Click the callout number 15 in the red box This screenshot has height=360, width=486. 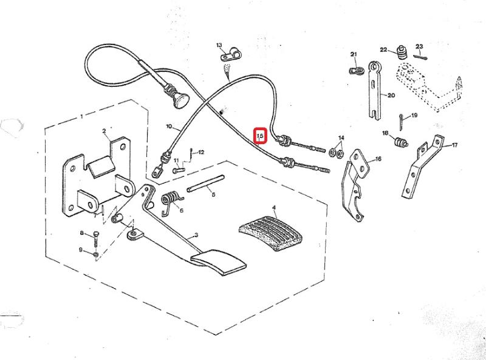pos(260,136)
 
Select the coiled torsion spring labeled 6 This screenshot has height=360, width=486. pos(171,202)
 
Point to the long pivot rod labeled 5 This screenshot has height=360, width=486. pos(205,184)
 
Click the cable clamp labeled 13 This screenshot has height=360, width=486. pos(231,55)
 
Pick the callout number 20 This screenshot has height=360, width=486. pos(391,95)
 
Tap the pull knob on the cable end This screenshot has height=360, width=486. pos(181,100)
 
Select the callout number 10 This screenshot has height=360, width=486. pos(169,126)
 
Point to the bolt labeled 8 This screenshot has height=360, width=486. pos(96,239)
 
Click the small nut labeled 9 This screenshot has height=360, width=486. pos(96,255)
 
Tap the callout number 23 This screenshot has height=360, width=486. pos(419,47)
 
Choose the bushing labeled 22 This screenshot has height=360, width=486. pos(402,53)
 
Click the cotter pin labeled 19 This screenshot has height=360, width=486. pos(400,122)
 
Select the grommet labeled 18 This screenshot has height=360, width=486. pos(400,142)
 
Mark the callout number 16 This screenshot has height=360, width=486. pos(378,159)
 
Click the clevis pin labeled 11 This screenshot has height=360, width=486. pos(179,170)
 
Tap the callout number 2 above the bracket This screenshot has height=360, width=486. pos(104,131)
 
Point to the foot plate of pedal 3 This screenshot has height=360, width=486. pos(218,263)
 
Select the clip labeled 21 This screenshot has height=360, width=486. pos(357,71)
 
